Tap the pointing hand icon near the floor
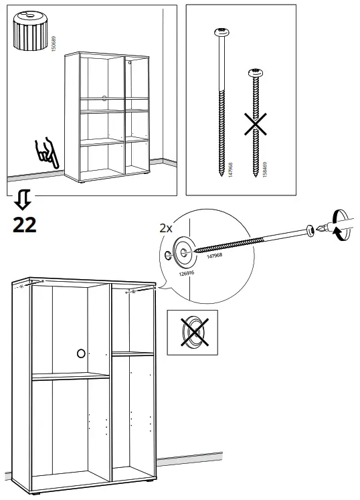tap(48, 153)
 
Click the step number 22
tap(25, 225)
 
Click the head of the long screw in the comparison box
tap(219, 32)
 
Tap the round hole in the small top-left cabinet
tap(104, 98)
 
